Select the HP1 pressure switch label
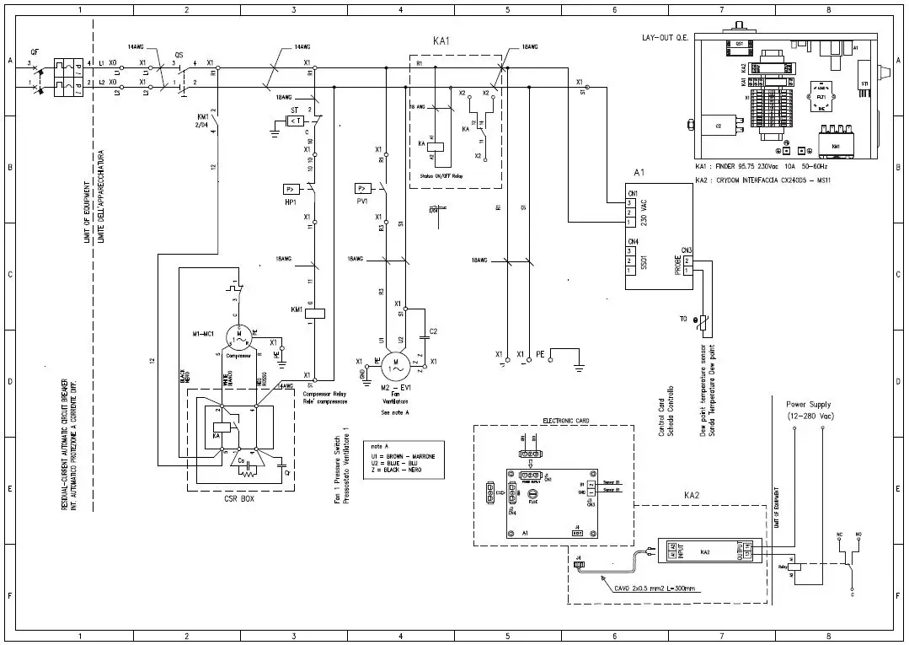(x=291, y=202)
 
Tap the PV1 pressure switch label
(x=362, y=202)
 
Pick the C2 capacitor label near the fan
(x=433, y=331)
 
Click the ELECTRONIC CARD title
(x=566, y=420)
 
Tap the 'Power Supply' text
(x=808, y=405)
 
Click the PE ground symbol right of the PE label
(x=579, y=364)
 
